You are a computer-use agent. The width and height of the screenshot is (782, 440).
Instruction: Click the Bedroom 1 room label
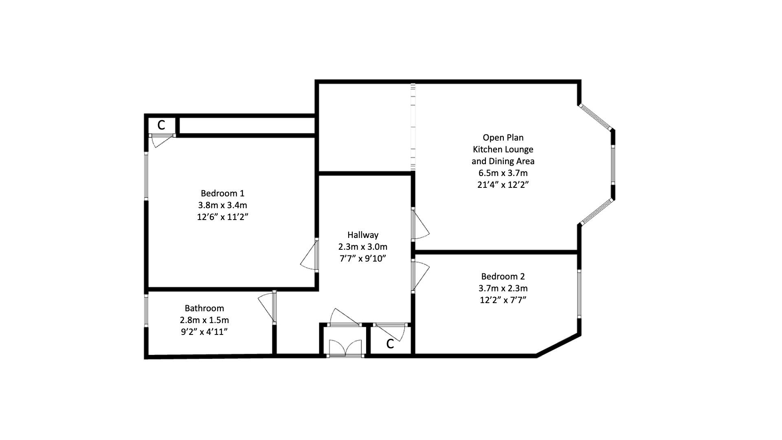222,193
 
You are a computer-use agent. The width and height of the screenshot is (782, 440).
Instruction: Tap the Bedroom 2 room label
503,277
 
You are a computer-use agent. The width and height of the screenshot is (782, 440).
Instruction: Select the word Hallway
362,235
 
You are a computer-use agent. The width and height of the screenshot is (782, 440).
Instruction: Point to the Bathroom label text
204,308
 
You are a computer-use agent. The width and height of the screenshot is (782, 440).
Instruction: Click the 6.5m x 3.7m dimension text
503,173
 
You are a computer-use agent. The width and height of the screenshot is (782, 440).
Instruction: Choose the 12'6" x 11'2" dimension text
222,217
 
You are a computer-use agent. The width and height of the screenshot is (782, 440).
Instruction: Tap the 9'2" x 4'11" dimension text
204,332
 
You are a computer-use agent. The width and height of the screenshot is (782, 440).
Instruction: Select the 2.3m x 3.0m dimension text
362,246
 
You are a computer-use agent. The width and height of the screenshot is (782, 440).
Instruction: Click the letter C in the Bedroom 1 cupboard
161,125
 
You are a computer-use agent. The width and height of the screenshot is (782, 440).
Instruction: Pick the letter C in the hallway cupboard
390,344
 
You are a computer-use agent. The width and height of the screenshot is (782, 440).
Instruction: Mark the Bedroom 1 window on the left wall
147,176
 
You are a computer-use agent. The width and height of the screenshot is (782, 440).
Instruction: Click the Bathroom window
147,310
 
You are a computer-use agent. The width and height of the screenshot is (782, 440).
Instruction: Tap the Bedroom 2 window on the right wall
579,293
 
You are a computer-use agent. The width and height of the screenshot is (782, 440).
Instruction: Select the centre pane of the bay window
613,165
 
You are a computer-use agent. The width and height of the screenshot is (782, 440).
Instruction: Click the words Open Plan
503,138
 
